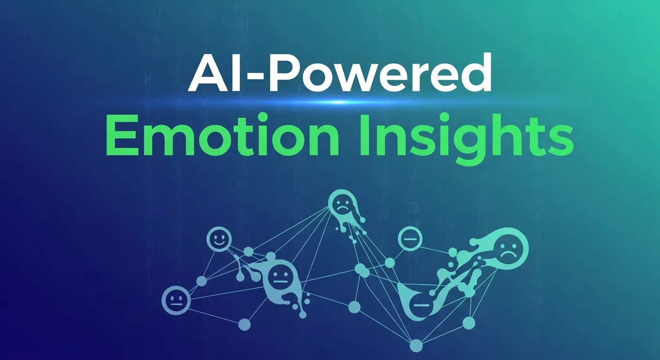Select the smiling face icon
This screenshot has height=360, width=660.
point(219,239)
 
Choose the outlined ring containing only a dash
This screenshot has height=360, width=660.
point(410,239)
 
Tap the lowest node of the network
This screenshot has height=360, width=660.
point(416,345)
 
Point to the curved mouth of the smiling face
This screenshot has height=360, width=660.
point(219,244)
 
